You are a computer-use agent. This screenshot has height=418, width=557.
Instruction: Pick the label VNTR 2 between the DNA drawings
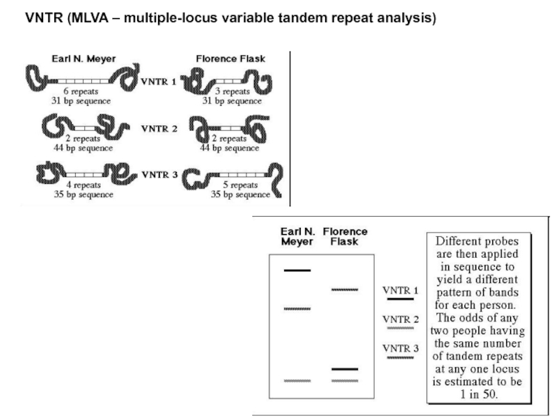(159, 128)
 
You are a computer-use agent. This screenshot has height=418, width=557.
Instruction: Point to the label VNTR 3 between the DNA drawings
(159, 174)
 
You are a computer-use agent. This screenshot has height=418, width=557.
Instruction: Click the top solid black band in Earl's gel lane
(297, 270)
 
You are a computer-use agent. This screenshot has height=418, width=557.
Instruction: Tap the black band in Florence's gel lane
(345, 368)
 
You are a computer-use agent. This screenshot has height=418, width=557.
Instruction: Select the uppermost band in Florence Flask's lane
(345, 288)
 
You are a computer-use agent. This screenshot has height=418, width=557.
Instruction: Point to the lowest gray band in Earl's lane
(297, 380)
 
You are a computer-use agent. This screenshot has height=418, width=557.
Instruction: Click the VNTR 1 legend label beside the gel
(400, 290)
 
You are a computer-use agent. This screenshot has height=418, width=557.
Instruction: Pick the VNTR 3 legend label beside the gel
(400, 348)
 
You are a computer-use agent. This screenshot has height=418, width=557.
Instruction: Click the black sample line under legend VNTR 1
(400, 299)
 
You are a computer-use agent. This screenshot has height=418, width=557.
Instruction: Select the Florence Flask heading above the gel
(345, 236)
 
